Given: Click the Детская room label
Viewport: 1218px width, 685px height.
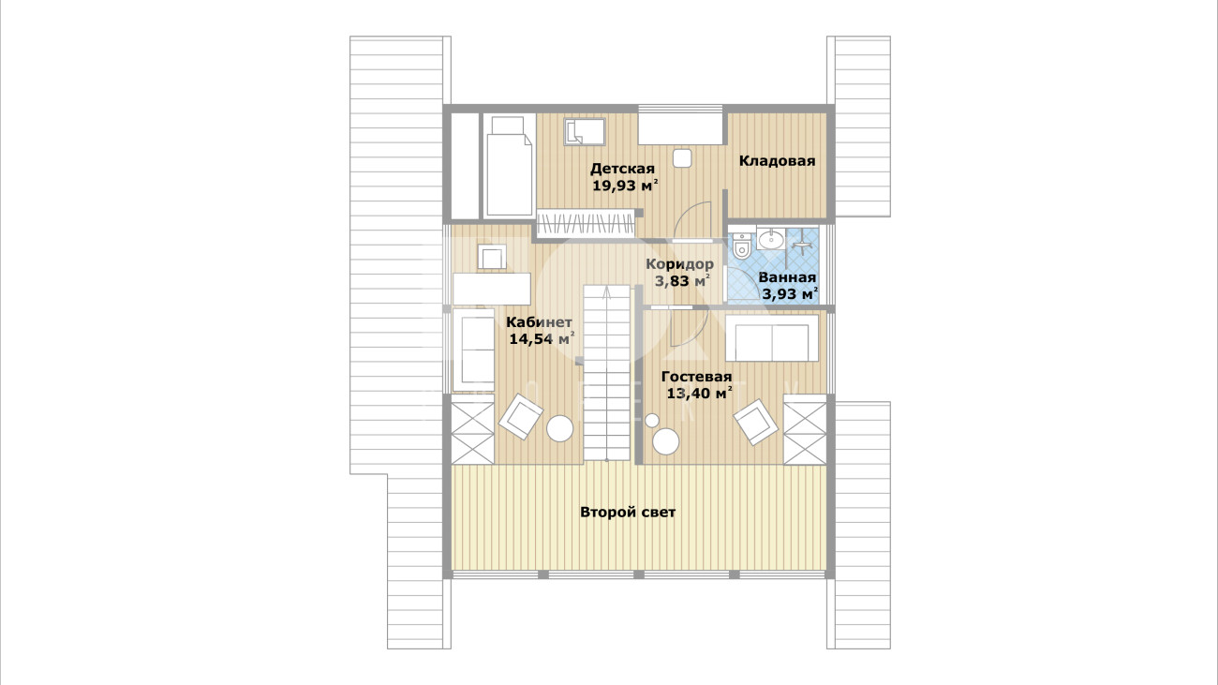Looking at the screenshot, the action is (623, 169).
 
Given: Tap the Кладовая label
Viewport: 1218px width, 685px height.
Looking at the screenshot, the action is (777, 161).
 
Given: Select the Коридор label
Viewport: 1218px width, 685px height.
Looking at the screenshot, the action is (679, 265).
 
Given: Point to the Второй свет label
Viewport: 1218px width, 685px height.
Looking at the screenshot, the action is (628, 513).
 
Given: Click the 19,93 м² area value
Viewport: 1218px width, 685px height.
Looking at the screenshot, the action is (625, 186).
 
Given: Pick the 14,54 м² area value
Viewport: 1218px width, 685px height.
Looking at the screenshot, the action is (542, 339).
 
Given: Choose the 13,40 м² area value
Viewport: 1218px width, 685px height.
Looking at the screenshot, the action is (699, 393).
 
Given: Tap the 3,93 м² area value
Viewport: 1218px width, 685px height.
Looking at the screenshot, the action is (790, 294).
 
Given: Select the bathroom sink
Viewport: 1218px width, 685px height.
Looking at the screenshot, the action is (770, 239).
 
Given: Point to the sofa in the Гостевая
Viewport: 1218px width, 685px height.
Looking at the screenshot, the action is (772, 338).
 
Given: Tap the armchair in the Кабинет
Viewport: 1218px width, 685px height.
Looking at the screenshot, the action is (521, 416).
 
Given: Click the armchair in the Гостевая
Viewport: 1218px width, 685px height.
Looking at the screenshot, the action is (756, 422).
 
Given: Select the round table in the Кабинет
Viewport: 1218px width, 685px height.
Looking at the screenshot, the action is (559, 429).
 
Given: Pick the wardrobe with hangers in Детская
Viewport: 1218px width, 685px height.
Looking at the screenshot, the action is (586, 223).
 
